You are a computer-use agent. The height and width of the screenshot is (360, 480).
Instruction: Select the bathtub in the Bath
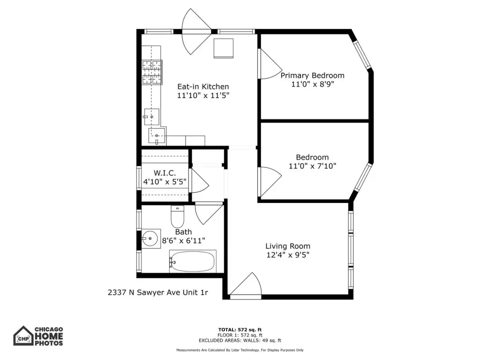pyautogui.click(x=193, y=262)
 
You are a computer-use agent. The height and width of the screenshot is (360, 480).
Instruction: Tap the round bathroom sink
pyautogui.click(x=150, y=238)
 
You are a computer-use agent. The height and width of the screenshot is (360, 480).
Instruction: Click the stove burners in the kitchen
pyautogui.click(x=152, y=72)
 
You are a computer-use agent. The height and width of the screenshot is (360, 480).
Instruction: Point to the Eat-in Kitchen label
pyautogui.click(x=203, y=87)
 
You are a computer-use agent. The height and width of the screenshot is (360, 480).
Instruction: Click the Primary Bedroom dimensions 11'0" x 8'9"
pyautogui.click(x=312, y=84)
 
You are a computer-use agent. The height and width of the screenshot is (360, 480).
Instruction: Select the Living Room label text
pyautogui.click(x=288, y=246)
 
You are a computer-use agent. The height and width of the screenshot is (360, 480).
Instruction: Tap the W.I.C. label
pyautogui.click(x=165, y=173)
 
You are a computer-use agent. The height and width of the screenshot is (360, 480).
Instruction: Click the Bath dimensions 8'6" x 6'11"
pyautogui.click(x=183, y=241)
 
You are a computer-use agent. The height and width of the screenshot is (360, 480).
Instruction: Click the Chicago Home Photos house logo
pyautogui.click(x=23, y=336)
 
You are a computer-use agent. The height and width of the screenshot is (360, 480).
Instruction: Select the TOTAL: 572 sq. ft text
pyautogui.click(x=240, y=330)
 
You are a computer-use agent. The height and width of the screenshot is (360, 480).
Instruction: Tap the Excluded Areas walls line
pyautogui.click(x=240, y=340)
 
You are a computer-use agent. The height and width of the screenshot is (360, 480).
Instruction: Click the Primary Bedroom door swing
pyautogui.click(x=270, y=64)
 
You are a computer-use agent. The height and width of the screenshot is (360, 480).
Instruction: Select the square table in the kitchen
pyautogui.click(x=224, y=48)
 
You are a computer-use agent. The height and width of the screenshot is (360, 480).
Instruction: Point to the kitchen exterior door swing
pyautogui.click(x=196, y=31)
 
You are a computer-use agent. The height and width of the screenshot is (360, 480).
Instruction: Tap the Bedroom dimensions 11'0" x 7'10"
pyautogui.click(x=312, y=166)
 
